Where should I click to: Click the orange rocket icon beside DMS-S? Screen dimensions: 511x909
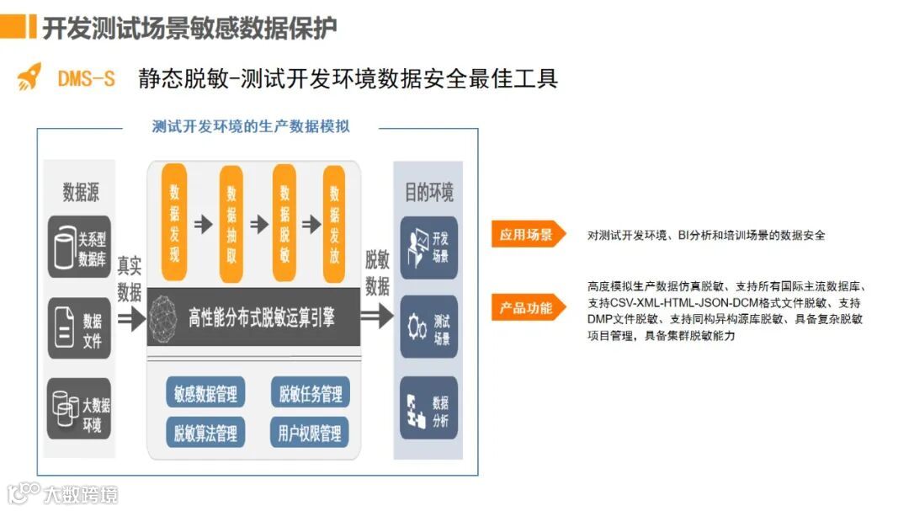(29, 77)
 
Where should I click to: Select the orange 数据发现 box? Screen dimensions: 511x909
(174, 222)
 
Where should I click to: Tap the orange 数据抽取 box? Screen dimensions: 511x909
(231, 222)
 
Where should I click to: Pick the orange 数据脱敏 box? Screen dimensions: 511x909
(284, 222)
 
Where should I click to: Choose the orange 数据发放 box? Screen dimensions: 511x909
(334, 222)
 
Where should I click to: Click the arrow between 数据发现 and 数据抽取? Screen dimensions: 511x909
(203, 224)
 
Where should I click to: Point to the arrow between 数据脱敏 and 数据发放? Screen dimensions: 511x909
(311, 224)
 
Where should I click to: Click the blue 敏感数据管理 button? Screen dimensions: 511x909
(205, 392)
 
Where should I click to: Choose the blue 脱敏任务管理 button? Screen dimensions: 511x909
(310, 392)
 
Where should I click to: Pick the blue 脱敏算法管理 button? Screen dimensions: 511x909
(205, 433)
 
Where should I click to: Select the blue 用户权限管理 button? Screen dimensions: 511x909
(310, 433)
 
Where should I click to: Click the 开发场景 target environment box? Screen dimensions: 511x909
(429, 248)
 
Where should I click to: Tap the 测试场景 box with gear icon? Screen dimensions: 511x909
(429, 327)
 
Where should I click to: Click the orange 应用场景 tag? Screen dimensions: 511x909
(526, 235)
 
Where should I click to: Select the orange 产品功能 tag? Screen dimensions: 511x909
(526, 308)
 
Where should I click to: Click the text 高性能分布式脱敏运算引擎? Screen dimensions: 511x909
(261, 317)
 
